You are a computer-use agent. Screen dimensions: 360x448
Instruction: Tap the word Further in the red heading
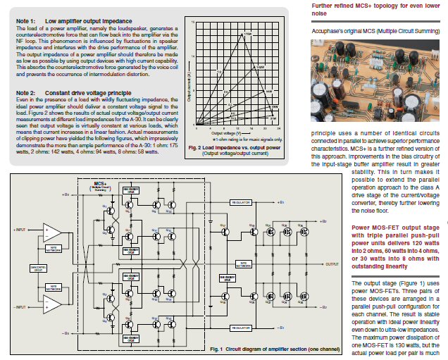[323, 6]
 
